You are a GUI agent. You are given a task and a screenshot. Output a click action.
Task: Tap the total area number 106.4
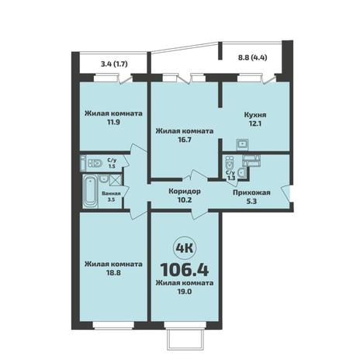click(x=185, y=270)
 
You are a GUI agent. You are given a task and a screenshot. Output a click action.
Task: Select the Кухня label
click(x=254, y=115)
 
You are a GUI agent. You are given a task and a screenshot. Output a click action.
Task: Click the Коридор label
click(x=185, y=192)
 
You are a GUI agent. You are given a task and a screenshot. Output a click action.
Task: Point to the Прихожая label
click(x=251, y=192)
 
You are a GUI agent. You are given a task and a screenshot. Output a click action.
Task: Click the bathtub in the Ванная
click(x=90, y=191)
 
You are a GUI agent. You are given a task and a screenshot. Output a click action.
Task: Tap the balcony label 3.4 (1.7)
click(x=114, y=64)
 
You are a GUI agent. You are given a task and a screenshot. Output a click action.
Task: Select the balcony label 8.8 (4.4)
click(x=252, y=57)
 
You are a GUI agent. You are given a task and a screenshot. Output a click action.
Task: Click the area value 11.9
click(x=113, y=122)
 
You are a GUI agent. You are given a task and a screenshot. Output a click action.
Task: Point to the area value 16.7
click(x=185, y=140)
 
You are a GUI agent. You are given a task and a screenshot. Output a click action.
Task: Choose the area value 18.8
click(x=113, y=272)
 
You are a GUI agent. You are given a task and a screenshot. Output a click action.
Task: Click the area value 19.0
click(x=185, y=292)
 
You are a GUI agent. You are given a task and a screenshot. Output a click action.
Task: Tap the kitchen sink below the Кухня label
click(x=242, y=144)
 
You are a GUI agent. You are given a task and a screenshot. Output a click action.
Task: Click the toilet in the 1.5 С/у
click(x=95, y=163)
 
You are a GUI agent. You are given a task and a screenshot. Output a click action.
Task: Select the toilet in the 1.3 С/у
click(x=229, y=162)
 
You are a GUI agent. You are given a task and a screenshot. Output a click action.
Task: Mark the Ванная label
click(x=112, y=193)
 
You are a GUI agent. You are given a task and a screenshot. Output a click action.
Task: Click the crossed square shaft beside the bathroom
click(x=113, y=180)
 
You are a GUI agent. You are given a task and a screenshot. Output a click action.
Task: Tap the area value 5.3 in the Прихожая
click(x=251, y=201)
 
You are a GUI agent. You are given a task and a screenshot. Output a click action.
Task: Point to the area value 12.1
click(x=254, y=123)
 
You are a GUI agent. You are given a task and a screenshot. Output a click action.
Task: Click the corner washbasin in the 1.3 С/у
click(x=242, y=172)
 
